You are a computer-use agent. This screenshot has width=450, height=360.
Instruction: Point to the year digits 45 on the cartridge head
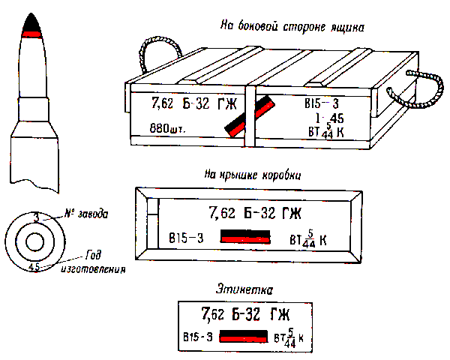tap(34, 265)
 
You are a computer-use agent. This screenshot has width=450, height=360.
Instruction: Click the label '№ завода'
tap(86, 214)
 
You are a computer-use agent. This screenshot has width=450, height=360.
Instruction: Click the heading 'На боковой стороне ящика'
tap(293, 28)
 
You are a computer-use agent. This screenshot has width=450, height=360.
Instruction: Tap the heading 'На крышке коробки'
tap(253, 175)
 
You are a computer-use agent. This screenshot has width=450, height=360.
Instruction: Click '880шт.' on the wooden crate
tap(167, 128)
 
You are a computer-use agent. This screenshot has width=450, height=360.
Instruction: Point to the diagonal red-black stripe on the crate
tap(247, 118)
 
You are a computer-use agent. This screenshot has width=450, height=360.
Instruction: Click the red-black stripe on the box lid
tap(245, 238)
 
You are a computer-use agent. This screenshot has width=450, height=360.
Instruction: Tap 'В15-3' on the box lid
tap(186, 238)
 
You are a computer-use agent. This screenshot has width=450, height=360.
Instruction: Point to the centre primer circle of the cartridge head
tap(34, 242)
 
